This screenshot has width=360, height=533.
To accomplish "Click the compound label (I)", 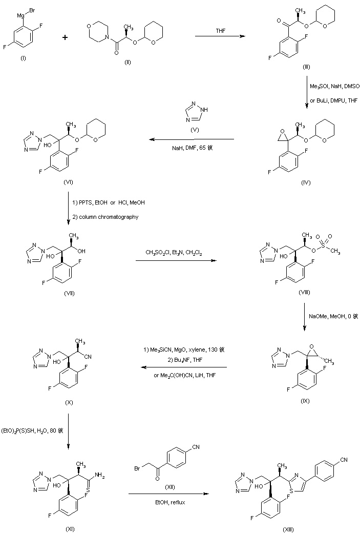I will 23,58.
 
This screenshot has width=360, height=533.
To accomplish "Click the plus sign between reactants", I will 65,37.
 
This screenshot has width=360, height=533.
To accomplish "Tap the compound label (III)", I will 306,67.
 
